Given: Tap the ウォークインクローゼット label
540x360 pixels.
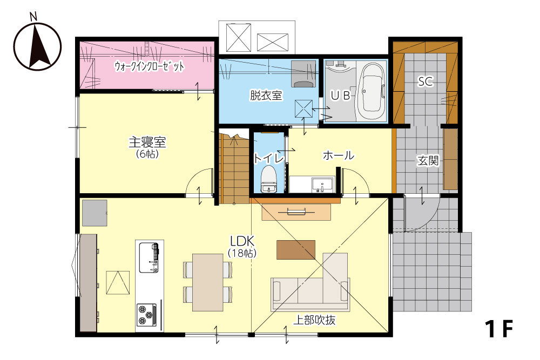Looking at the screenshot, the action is pyautogui.click(x=149, y=66).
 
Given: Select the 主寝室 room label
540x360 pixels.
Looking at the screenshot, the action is pyautogui.click(x=147, y=142).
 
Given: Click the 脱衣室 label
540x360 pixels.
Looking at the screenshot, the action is pyautogui.click(x=266, y=96).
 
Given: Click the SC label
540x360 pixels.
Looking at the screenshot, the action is pyautogui.click(x=426, y=81).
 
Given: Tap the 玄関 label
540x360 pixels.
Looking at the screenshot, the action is pyautogui.click(x=428, y=160).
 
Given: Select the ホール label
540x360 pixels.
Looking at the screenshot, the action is pyautogui.click(x=338, y=155).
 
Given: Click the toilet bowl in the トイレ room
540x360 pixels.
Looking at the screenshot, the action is pyautogui.click(x=268, y=179).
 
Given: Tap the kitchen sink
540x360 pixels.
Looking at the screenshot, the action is pyautogui.click(x=149, y=257).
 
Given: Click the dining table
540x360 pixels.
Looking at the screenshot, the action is pyautogui.click(x=208, y=283).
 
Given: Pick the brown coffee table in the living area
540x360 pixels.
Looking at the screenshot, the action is pyautogui.click(x=296, y=249).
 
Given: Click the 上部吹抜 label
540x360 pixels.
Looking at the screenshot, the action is pyautogui.click(x=314, y=321).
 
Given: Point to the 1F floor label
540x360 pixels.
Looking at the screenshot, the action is pyautogui.click(x=498, y=329).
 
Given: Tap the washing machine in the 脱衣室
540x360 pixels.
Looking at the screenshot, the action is pyautogui.click(x=303, y=74).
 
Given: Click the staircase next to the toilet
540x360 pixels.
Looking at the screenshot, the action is pyautogui.click(x=234, y=168).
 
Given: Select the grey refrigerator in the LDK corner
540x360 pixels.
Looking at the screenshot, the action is pyautogui.click(x=94, y=213).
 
